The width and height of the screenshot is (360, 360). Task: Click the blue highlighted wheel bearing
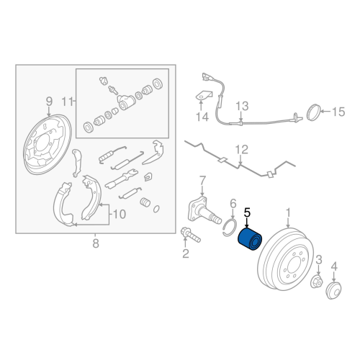pos(253,240)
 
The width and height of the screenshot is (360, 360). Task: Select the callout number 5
pos(247,212)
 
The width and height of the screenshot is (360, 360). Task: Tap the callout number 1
pos(289,213)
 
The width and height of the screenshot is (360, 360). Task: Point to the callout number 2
pos(185,253)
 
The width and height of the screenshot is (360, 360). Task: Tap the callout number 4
pos(334,268)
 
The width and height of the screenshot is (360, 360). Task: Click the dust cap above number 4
pos(333,290)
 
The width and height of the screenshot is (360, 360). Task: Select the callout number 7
pos(202,179)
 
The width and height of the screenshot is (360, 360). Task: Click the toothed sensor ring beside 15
pos(312,112)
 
